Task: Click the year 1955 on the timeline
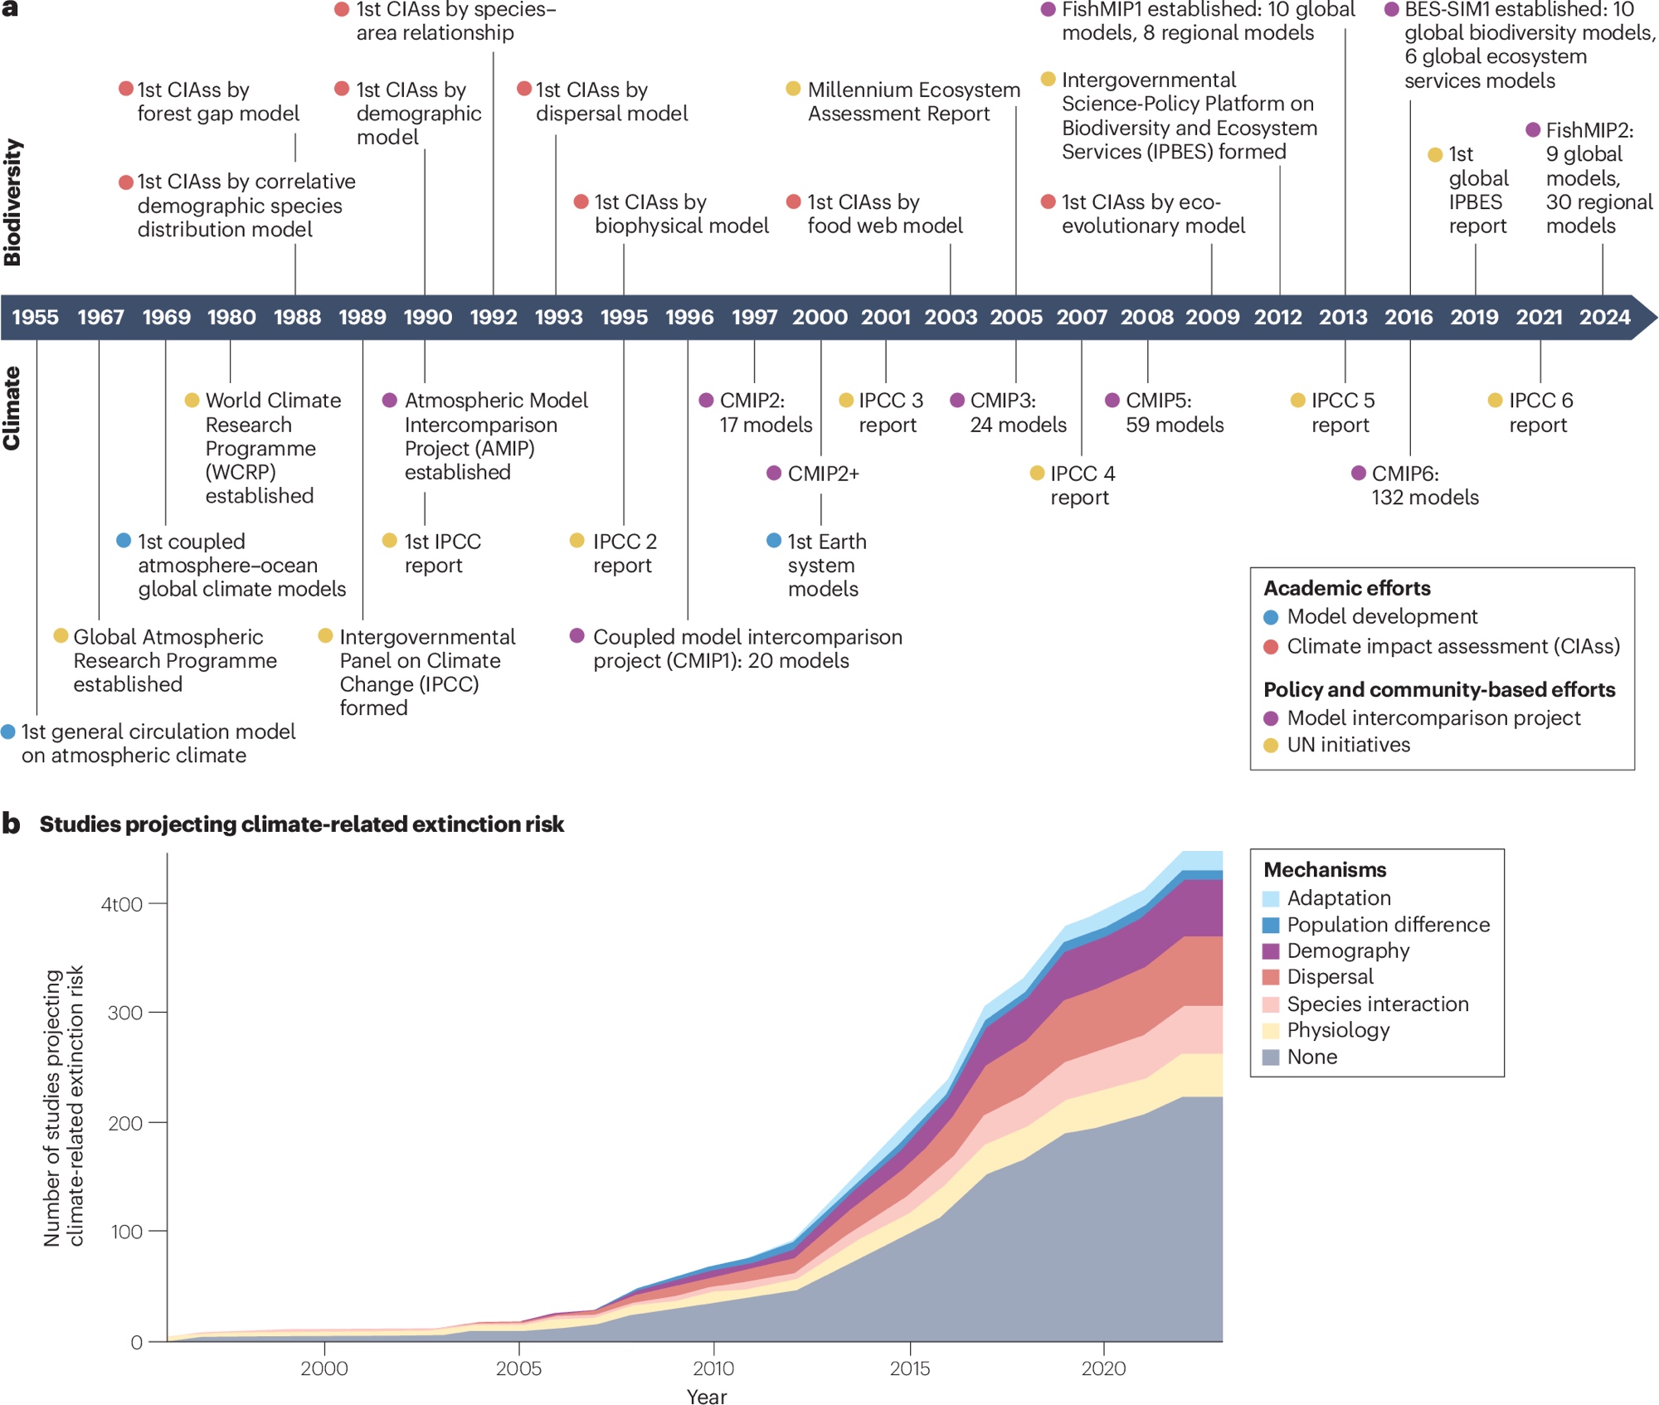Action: [x=35, y=317]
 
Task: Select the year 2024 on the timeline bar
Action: [x=1604, y=317]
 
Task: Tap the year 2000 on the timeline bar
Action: [x=820, y=317]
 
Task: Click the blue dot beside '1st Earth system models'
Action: [x=774, y=541]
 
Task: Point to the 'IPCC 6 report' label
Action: [x=1540, y=412]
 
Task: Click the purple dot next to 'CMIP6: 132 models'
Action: [x=1359, y=473]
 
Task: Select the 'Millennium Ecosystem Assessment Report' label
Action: [x=913, y=101]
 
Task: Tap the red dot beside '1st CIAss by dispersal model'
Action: [x=524, y=89]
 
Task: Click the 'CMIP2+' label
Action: [x=823, y=474]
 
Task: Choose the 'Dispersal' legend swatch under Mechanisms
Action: [x=1271, y=977]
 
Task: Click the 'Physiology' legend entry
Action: [x=1338, y=1030]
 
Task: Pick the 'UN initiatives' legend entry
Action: [x=1348, y=745]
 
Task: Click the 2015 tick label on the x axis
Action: [x=910, y=1369]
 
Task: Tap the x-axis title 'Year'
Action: [x=707, y=1397]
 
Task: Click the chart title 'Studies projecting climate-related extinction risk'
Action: [x=302, y=824]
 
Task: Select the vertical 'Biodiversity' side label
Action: [x=12, y=202]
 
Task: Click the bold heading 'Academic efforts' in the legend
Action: [x=1347, y=588]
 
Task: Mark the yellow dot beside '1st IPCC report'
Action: [x=390, y=541]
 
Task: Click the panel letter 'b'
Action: [x=11, y=824]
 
